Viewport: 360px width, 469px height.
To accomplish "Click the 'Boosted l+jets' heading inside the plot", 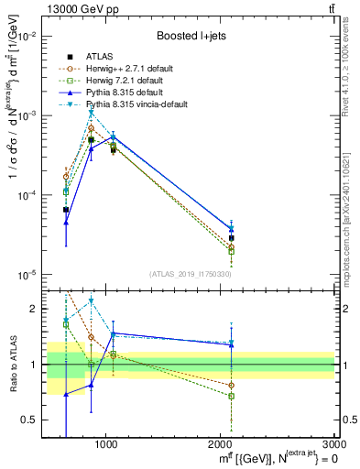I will point(191,36).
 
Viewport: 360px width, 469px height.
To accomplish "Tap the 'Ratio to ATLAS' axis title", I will point(12,365).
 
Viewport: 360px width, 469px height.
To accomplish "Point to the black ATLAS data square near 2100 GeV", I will point(232,238).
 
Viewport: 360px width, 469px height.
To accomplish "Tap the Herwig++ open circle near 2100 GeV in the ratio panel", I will point(232,386).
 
